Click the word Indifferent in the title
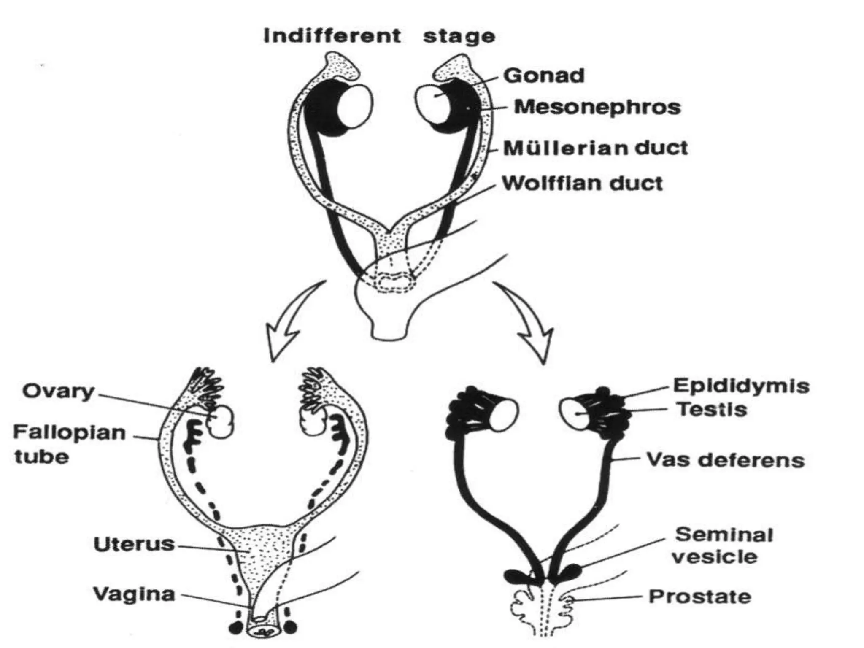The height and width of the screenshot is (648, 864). coord(332,36)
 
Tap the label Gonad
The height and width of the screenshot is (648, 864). coord(544,76)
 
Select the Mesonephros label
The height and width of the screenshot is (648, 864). coord(597,107)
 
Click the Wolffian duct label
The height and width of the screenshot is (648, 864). coord(582,184)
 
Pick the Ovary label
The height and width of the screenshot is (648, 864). coord(58,391)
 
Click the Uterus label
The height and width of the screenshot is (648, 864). coord(134,544)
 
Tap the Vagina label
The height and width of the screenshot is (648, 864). coord(134,594)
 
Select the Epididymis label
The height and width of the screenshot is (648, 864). coord(741,386)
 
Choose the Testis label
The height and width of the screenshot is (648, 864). coord(712,410)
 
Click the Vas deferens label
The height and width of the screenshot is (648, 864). coord(725,460)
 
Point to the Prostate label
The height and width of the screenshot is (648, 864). coord(700,597)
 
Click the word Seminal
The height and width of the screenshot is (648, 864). coord(724,535)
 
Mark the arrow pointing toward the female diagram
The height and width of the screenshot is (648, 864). coord(291,325)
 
